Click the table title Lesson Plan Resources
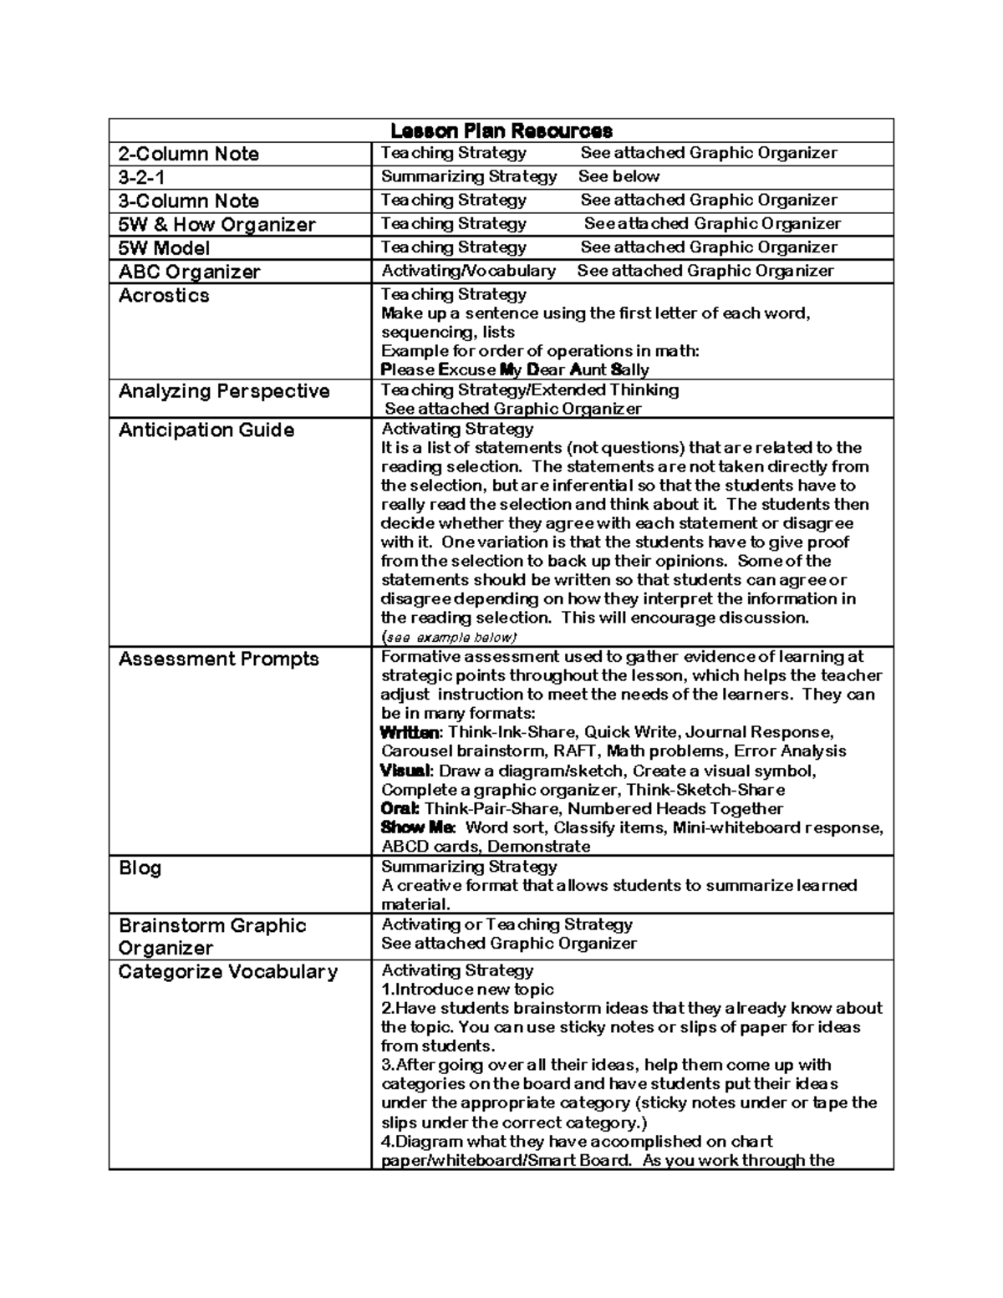501,131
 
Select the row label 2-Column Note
189,154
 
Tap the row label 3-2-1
142,177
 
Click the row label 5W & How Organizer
217,225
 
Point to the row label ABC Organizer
190,272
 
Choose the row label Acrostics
164,296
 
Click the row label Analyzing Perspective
224,391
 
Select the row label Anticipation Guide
206,430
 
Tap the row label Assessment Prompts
219,659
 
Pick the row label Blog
140,868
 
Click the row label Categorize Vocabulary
228,972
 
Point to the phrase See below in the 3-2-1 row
619,177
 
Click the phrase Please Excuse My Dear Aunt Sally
515,370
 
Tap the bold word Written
409,733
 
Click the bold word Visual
405,771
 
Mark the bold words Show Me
417,827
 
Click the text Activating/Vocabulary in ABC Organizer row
468,271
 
